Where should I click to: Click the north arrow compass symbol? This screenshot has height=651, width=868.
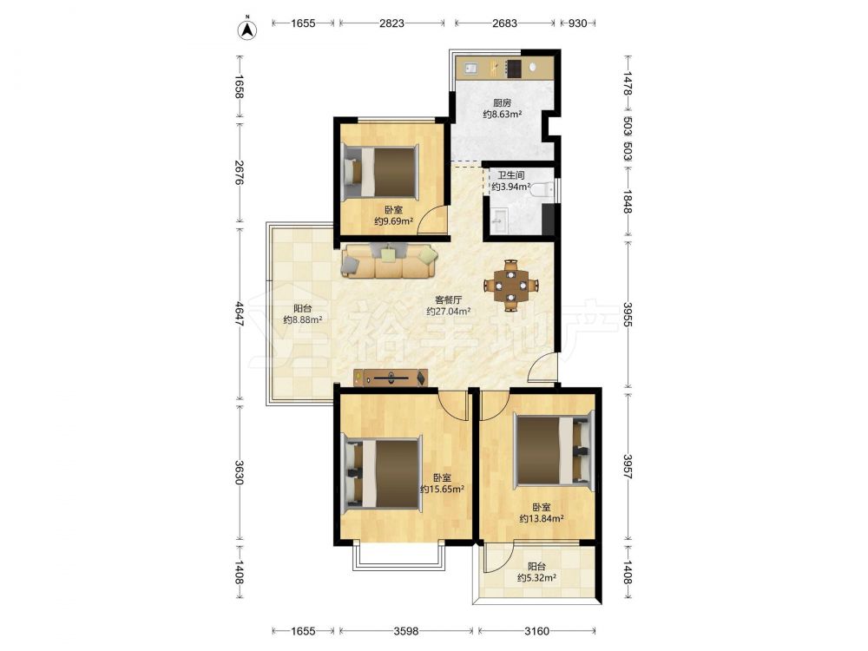(247, 30)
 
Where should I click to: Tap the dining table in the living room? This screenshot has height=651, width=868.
(511, 286)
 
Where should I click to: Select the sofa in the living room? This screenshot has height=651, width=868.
(389, 260)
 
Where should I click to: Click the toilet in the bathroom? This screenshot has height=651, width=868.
(542, 190)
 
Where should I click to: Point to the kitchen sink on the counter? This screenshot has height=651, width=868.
(471, 68)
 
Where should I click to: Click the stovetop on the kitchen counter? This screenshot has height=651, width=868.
(514, 68)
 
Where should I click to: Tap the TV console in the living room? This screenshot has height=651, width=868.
(391, 378)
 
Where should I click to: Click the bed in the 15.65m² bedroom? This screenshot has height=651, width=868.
(382, 474)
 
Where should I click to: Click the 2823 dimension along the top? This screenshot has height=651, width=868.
(391, 23)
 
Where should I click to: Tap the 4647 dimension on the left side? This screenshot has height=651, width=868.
(240, 313)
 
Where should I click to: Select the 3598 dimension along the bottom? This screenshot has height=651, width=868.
(405, 631)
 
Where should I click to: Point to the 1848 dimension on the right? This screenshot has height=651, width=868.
(628, 201)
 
